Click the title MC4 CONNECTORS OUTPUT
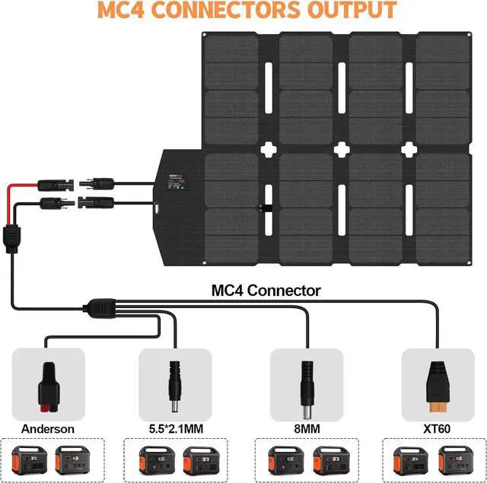pos(243,11)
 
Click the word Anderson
pos(48,429)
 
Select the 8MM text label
pos(307,429)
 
